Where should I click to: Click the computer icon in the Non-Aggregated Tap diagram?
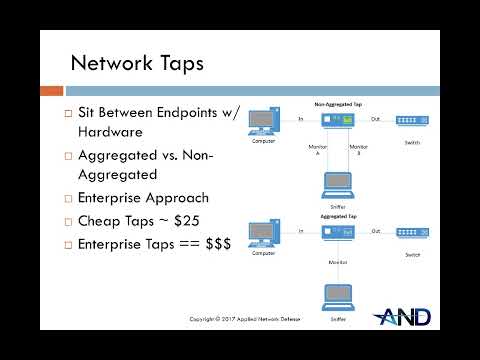tap(263, 121)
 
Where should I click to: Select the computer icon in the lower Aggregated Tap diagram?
tap(263, 234)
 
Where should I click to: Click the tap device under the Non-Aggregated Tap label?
tap(338, 120)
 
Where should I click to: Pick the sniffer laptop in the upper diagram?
tap(338, 183)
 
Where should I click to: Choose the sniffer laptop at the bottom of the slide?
tap(338, 297)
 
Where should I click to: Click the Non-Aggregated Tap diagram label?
tap(337, 103)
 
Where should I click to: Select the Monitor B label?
tap(359, 151)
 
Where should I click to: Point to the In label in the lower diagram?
tap(300, 230)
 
